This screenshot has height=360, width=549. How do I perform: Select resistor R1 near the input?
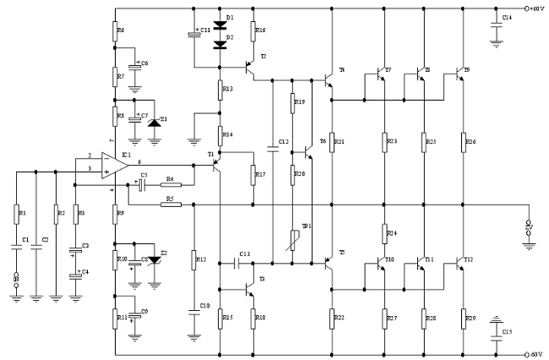click(x=16, y=213)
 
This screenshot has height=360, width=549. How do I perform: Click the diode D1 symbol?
click(x=220, y=26)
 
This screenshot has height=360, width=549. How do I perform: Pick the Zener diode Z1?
click(x=153, y=123)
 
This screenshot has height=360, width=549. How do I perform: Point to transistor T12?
click(x=460, y=265)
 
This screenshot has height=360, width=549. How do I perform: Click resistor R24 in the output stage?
click(x=385, y=233)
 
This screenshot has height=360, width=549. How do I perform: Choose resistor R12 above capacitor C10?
click(x=194, y=259)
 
